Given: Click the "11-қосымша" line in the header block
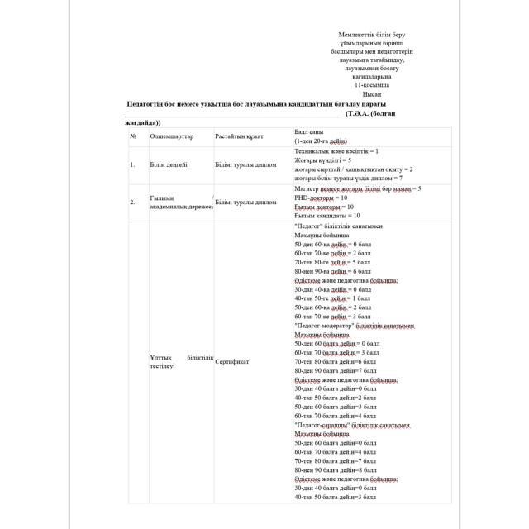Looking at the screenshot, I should pos(371,85).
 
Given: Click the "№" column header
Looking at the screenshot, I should pos(132,136).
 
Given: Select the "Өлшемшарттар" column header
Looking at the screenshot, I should pos(171,136).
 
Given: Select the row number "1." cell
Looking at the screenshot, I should pos(132,164).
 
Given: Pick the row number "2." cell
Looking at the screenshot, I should pos(132,202).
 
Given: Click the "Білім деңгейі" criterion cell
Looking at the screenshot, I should pos(169,164).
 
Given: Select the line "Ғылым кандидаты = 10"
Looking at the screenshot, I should pos(327,215).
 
